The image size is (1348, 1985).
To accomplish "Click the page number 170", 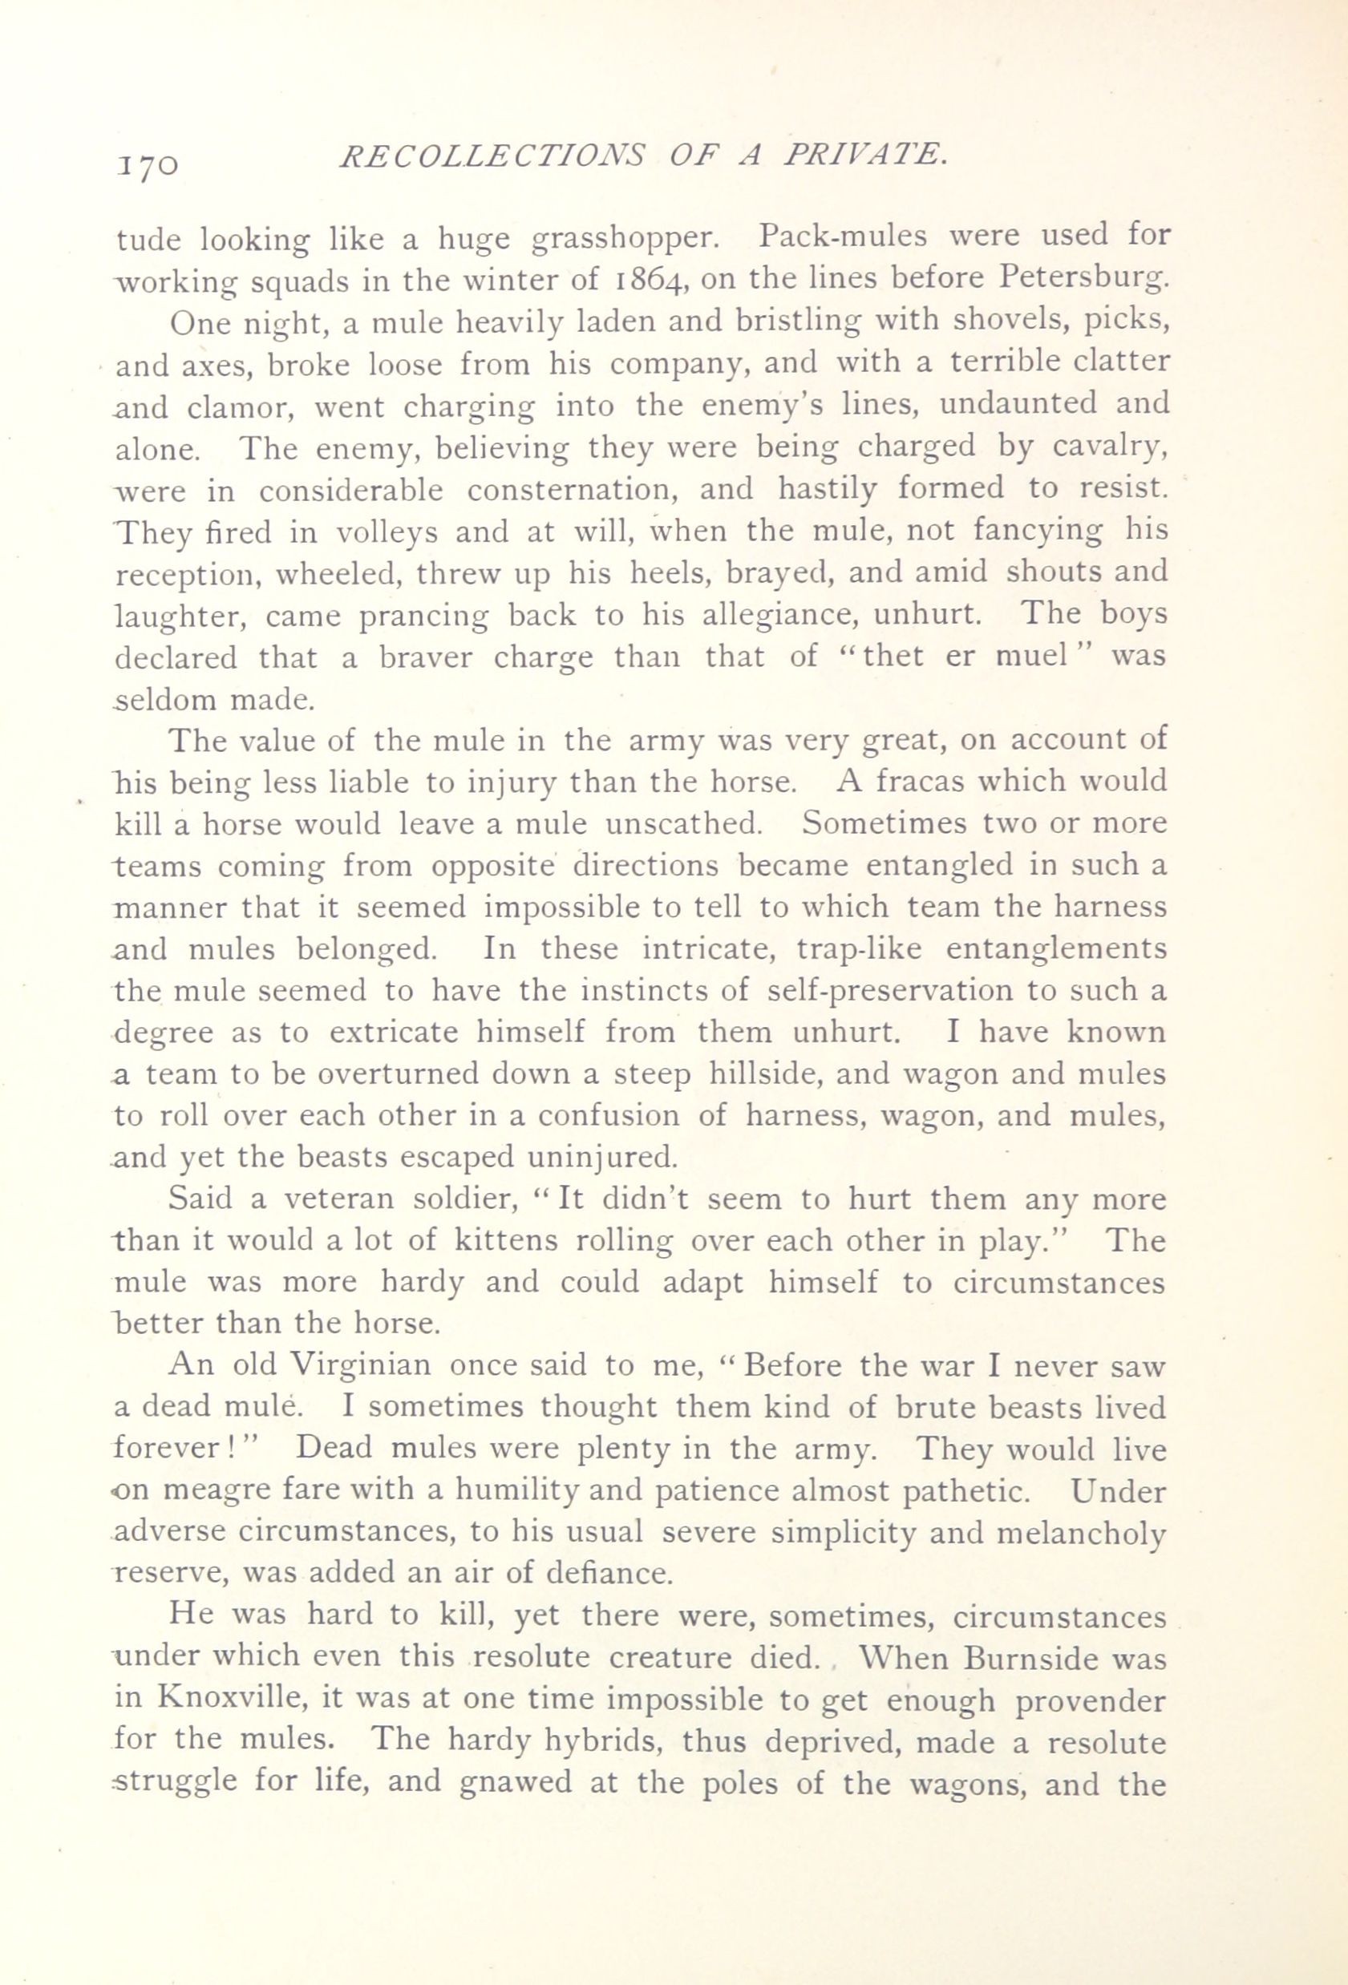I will point(146,161).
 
